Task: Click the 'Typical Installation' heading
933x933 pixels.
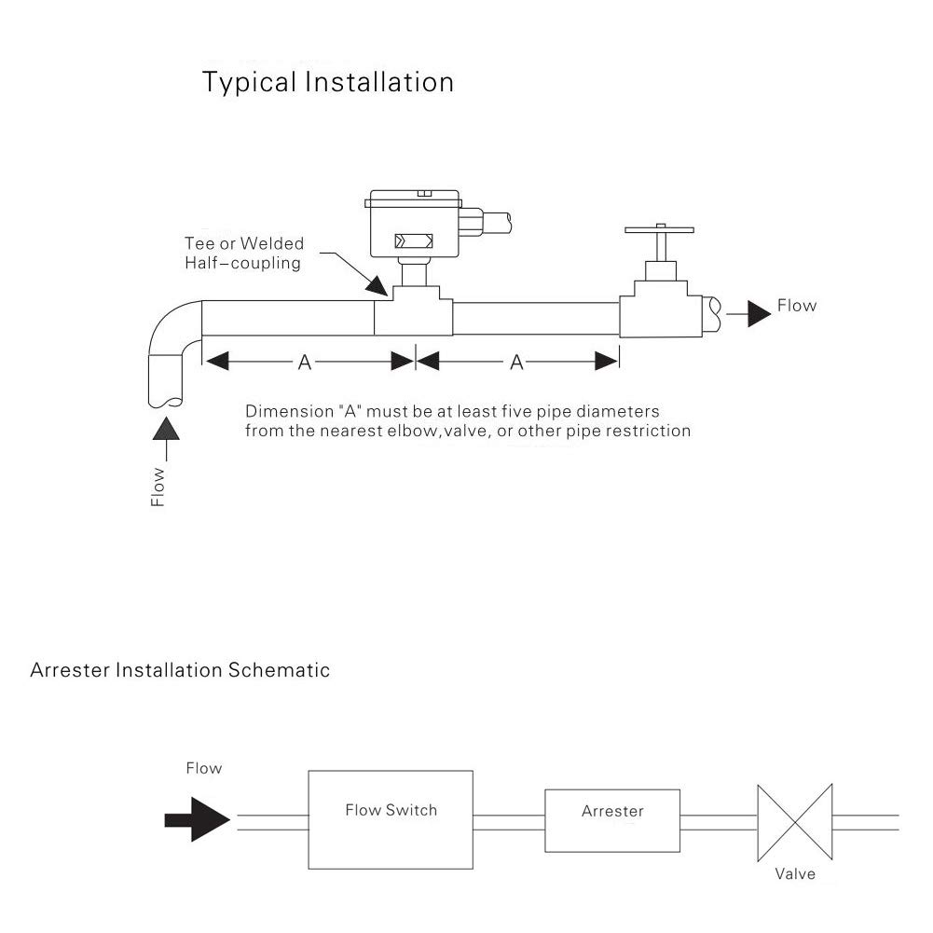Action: tap(328, 82)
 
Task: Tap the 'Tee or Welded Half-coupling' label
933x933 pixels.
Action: tap(243, 253)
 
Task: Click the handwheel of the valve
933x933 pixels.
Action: tap(660, 229)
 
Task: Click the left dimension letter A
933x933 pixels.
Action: tap(304, 363)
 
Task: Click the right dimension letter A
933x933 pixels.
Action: tap(516, 363)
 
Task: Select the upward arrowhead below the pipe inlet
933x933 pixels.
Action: tap(167, 429)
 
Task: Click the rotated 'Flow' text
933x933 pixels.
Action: tap(158, 487)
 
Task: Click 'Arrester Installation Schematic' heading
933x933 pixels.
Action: tap(180, 670)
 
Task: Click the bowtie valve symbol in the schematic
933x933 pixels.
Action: tap(794, 821)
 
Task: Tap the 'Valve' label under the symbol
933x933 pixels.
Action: tap(795, 873)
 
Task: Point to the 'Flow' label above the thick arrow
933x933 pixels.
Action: tap(203, 768)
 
